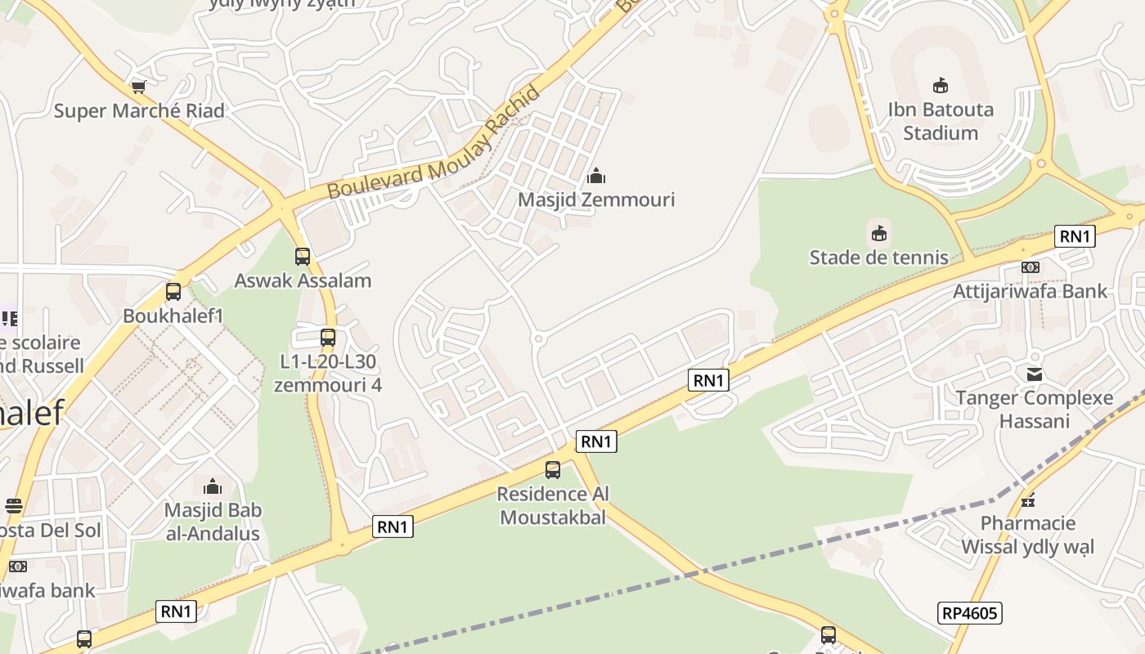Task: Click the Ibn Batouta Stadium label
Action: click(941, 121)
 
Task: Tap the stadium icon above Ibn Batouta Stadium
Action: click(941, 85)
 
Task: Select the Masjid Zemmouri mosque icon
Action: click(597, 176)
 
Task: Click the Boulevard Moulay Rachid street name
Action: click(434, 144)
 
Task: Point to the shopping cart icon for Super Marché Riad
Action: click(138, 86)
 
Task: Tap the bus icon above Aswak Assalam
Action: click(303, 257)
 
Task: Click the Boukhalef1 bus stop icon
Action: click(173, 292)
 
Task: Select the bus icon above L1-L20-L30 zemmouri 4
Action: click(328, 337)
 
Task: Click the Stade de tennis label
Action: click(879, 258)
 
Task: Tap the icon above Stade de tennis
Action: click(879, 234)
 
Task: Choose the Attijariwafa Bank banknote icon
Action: click(1030, 267)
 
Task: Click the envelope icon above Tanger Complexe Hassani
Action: click(1035, 374)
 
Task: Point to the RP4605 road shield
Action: click(970, 612)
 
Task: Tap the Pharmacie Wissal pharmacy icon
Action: click(1028, 499)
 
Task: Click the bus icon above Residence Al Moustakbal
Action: click(553, 470)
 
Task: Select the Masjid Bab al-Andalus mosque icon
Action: click(213, 487)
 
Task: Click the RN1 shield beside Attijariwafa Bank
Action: click(1075, 236)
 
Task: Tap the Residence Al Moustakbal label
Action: click(553, 506)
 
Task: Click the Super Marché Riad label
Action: click(139, 111)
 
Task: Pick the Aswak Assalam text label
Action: click(303, 280)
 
